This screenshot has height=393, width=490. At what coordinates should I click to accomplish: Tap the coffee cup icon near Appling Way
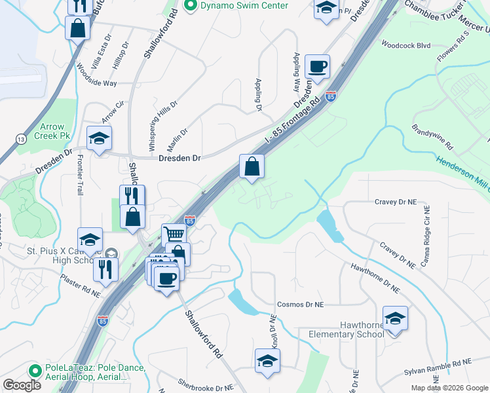318,66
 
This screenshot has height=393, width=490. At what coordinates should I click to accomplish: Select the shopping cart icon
174,234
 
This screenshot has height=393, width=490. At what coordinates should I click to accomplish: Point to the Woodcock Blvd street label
405,46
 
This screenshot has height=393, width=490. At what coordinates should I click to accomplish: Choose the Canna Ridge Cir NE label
426,233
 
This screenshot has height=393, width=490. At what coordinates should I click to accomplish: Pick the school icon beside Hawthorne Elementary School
395,318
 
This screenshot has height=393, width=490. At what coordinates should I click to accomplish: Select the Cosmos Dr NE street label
300,305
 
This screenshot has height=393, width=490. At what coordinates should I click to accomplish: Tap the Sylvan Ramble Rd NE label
437,365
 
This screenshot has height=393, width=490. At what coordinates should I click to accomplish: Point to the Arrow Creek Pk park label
54,131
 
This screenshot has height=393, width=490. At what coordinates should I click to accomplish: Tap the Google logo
21,385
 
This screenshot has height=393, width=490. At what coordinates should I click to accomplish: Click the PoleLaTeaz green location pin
37,369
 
